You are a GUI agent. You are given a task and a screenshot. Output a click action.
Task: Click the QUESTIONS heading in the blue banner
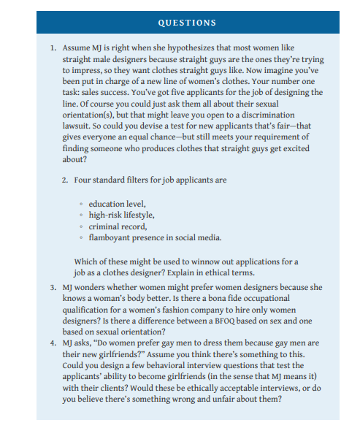tap(180, 22)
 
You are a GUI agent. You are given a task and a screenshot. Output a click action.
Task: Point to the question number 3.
tap(53, 288)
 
